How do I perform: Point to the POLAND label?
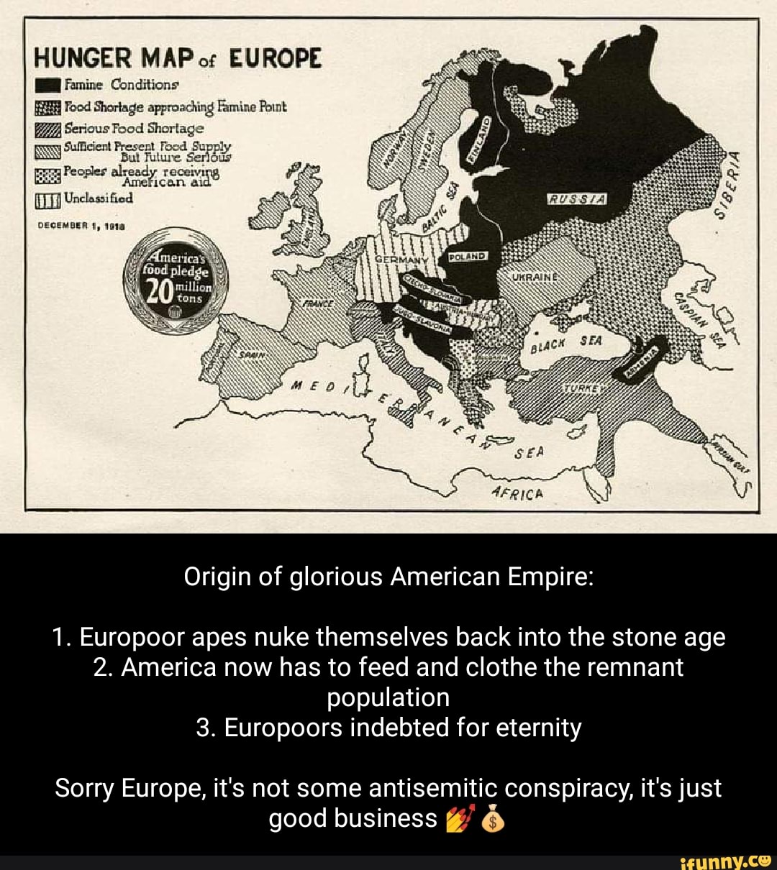pos(468,256)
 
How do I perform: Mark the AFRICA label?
pos(514,495)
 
